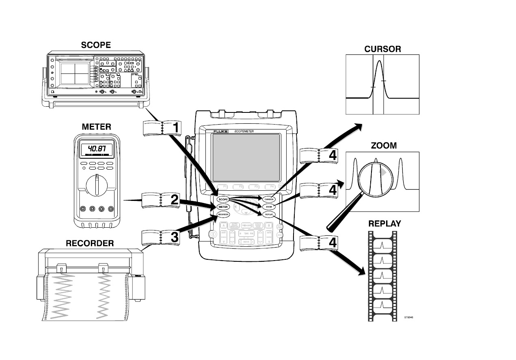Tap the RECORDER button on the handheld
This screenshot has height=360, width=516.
click(x=223, y=214)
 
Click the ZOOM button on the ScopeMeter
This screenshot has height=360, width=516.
click(x=269, y=207)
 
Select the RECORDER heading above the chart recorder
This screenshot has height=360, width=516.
click(x=90, y=244)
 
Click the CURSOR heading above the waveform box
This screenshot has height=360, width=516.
click(x=382, y=49)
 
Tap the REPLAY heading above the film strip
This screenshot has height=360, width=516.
click(x=384, y=224)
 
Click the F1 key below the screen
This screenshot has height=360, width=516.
click(x=224, y=187)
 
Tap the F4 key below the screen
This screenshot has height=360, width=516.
click(x=268, y=187)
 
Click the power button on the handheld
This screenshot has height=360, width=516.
click(x=212, y=234)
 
